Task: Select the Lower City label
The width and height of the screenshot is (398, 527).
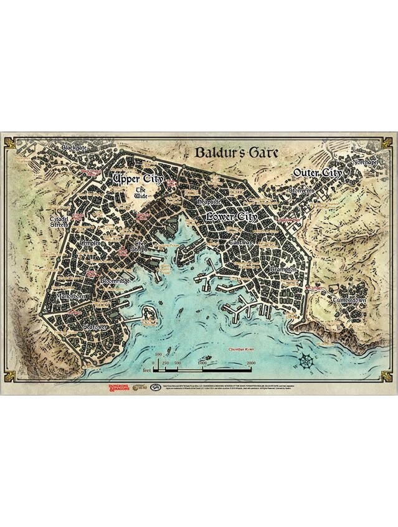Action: pos(231,217)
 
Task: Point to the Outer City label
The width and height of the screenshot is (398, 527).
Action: pos(317,173)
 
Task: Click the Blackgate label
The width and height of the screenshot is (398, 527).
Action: pos(75,148)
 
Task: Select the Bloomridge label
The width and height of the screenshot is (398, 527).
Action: pos(115,282)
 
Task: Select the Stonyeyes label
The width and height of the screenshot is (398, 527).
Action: pos(302,189)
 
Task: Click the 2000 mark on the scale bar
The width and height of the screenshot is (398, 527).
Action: pos(251,363)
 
